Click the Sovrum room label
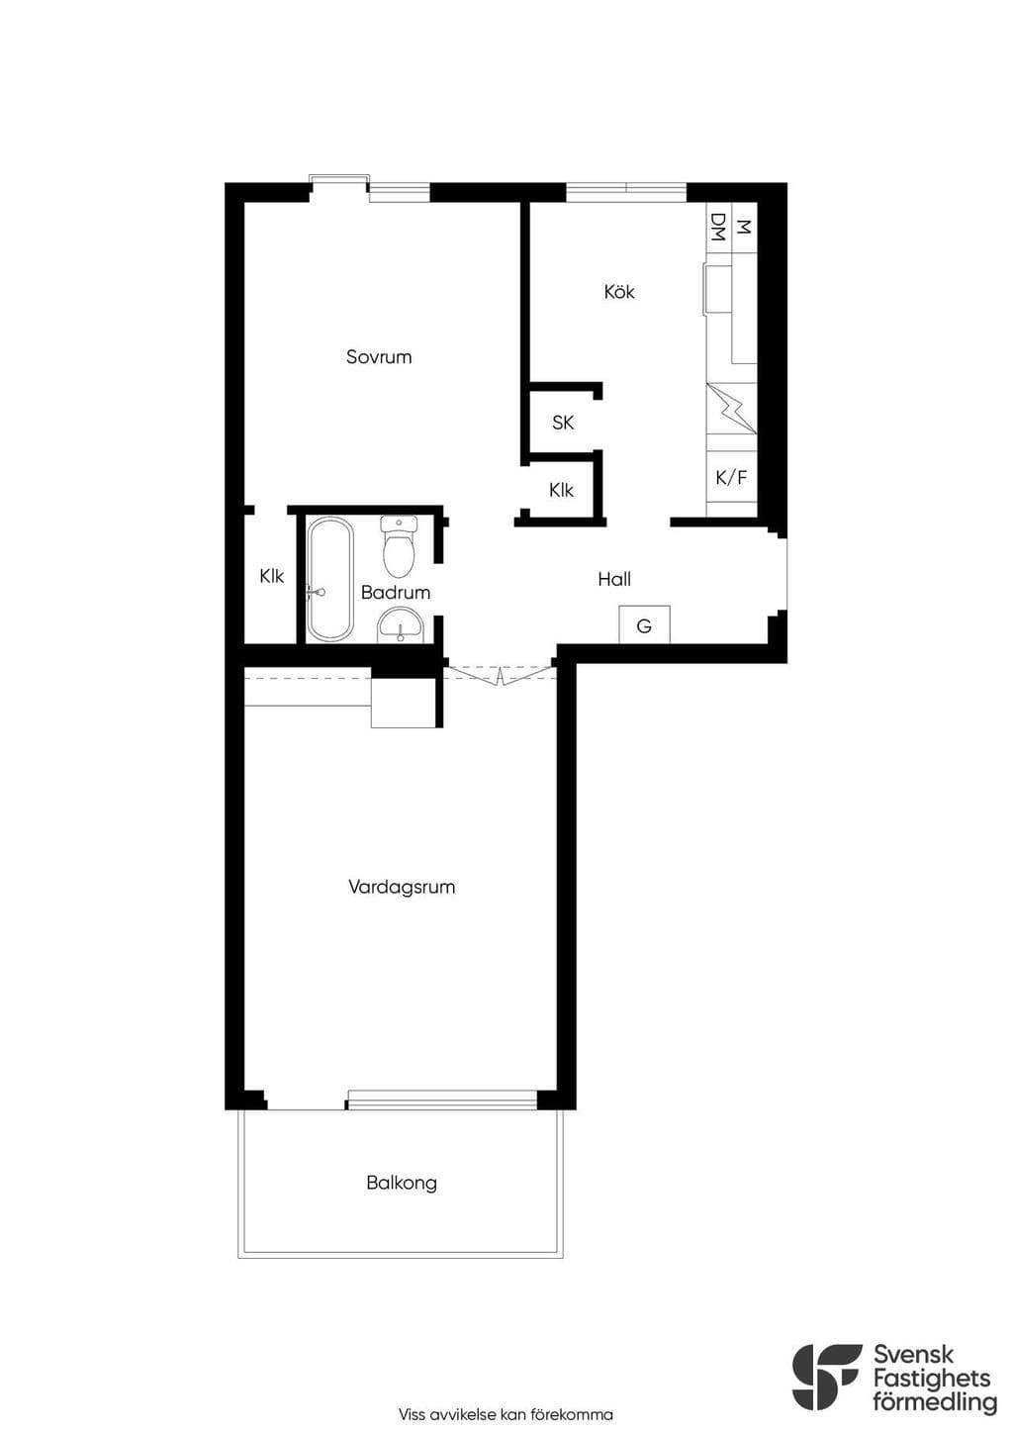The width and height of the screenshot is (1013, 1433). coord(379,357)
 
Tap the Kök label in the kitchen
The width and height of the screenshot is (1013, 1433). coord(619,292)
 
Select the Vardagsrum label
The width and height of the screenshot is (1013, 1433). coord(402,888)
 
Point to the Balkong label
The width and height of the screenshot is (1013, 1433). coord(402,1183)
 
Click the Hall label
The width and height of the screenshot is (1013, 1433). coord(614,580)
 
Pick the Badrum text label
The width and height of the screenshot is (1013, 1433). coord(396,593)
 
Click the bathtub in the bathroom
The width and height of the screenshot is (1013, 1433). coord(328,578)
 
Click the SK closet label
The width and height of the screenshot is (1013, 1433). coord(563,423)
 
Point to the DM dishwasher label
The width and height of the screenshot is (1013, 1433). coord(718,227)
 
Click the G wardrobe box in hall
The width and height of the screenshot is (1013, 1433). coord(644,624)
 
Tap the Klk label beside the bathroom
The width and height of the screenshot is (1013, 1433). coord(271,576)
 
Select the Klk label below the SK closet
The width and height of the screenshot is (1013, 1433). coord(561,491)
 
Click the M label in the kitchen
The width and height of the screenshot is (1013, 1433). coord(743,227)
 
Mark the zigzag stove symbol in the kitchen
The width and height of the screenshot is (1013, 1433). coord(732,408)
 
